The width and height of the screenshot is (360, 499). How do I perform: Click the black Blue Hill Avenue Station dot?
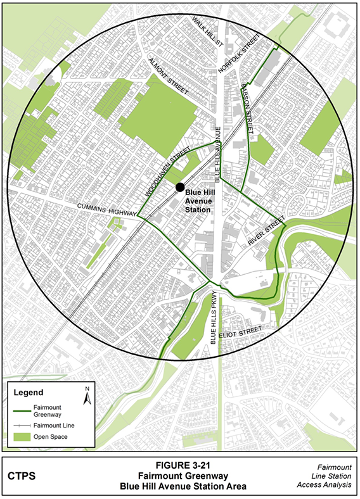pos(180,187)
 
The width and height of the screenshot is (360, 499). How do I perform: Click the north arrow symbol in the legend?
pos(87,395)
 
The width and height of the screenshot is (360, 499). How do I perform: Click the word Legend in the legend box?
pos(29,393)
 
